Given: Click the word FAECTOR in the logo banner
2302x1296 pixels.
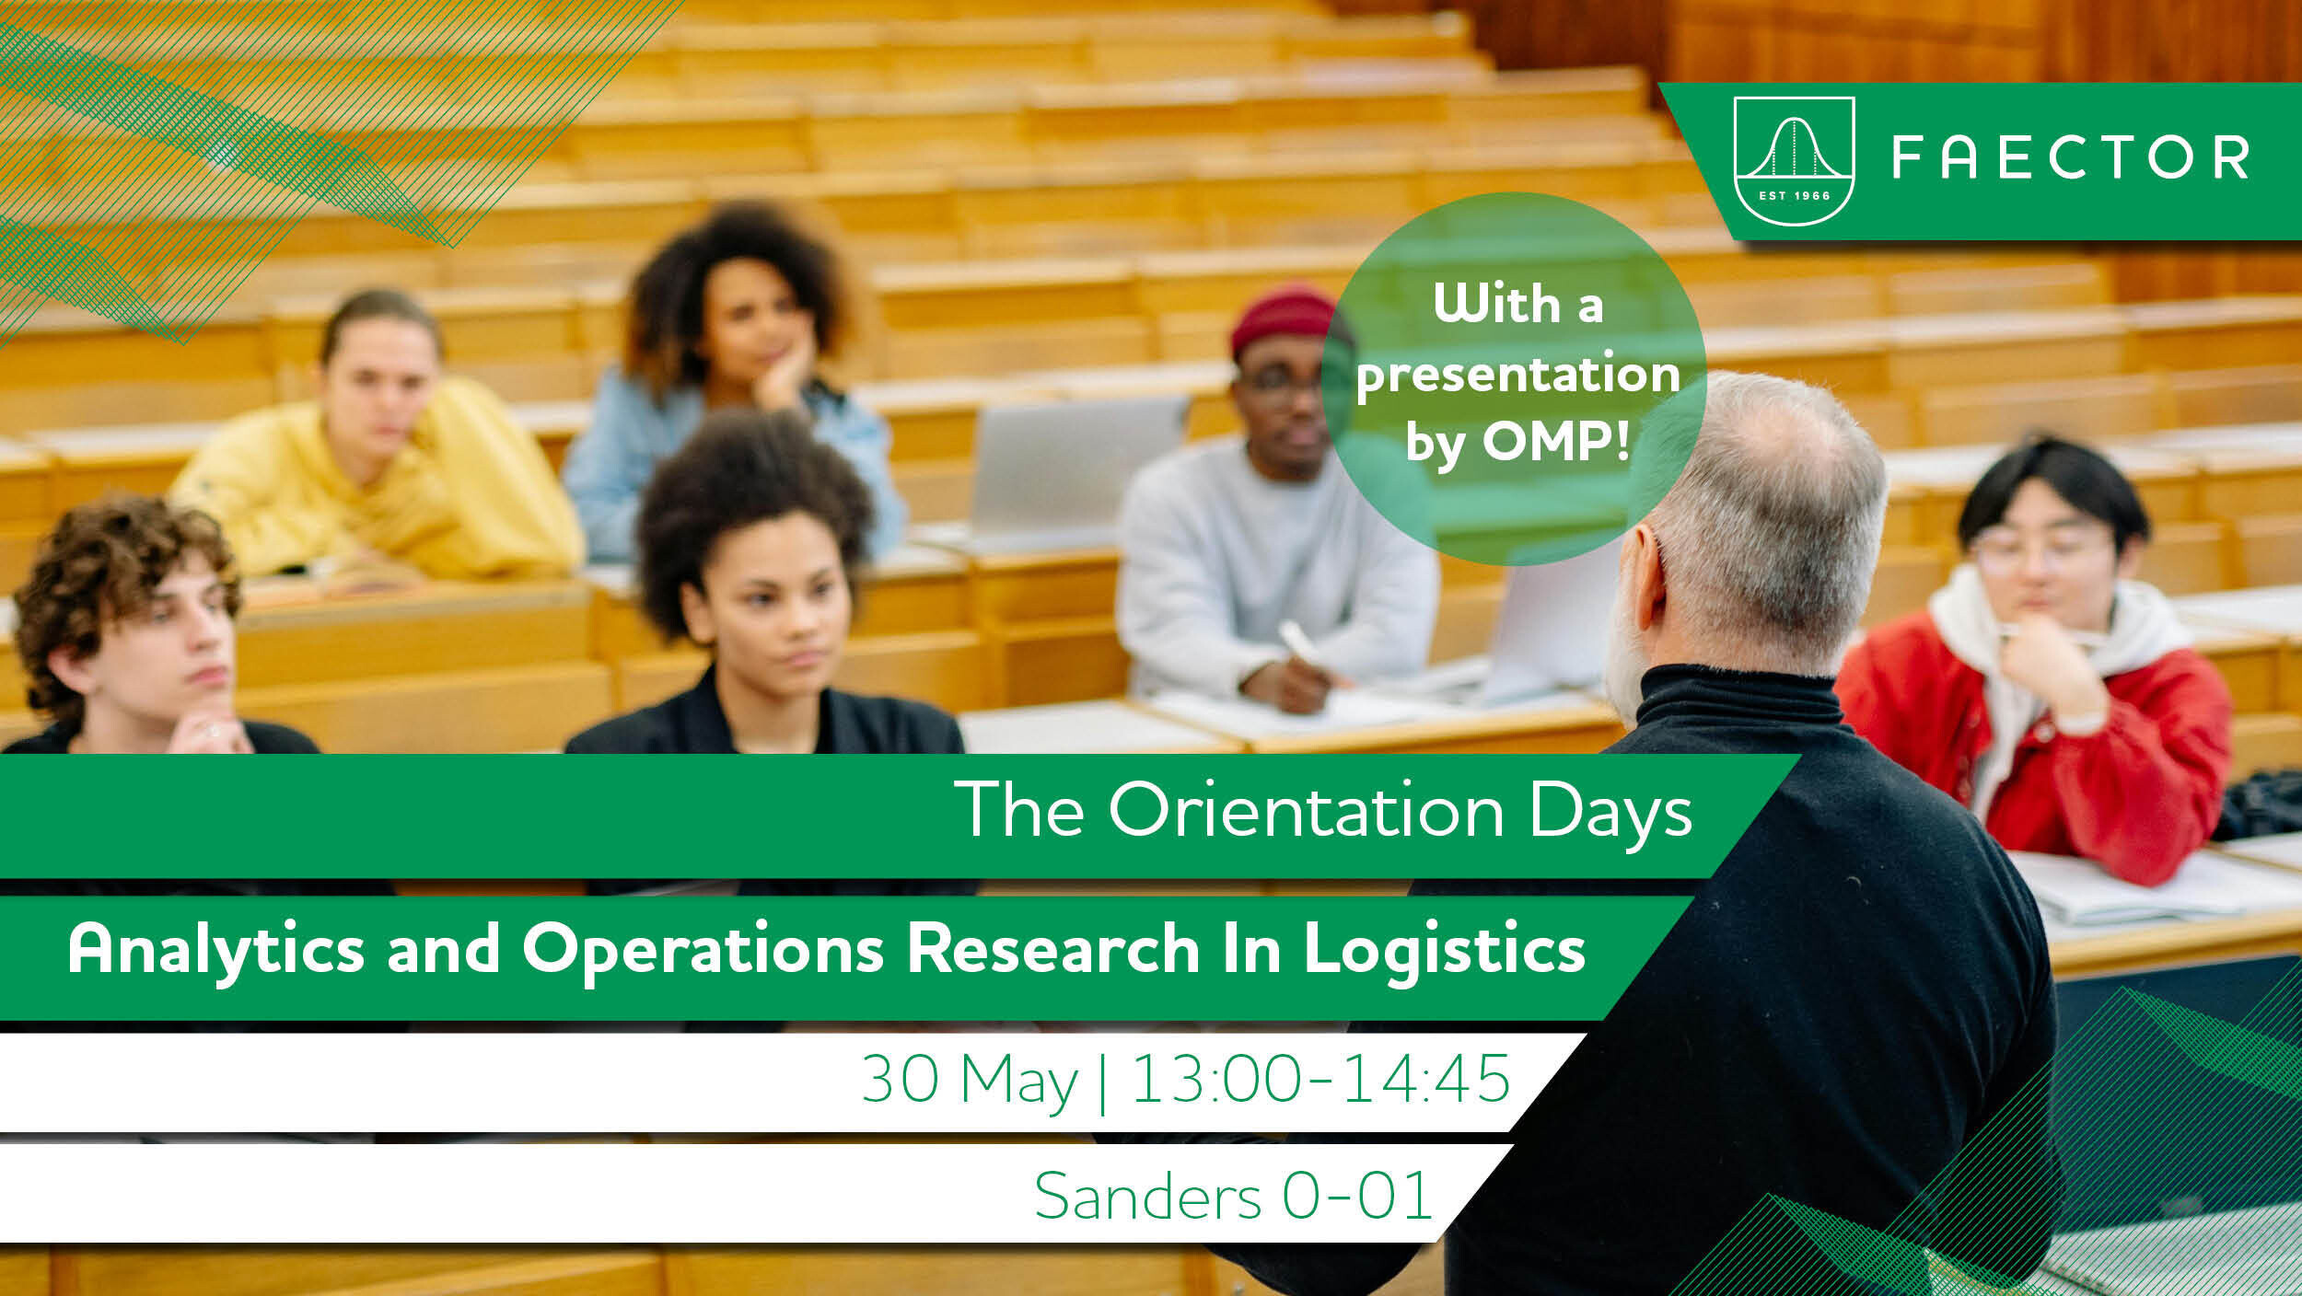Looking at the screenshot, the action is point(2070,156).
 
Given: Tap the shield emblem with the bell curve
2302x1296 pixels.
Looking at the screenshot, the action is point(1794,161).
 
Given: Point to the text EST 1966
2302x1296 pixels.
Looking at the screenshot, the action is point(1794,195).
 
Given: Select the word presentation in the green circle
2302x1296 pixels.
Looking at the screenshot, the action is point(1518,375).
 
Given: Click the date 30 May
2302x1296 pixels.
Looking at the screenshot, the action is point(970,1081).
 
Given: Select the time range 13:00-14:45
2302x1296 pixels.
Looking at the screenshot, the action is point(1320,1078).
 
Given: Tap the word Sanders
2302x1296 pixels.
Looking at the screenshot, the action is point(1147,1197).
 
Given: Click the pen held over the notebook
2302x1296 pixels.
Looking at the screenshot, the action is point(1296,642).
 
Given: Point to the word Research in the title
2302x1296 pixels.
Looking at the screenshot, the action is point(1053,949).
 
